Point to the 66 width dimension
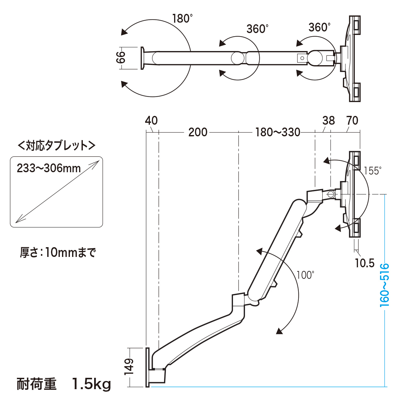click(x=121, y=57)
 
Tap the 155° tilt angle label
click(x=373, y=171)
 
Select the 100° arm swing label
click(x=305, y=275)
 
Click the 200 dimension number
click(x=198, y=132)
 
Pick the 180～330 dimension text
click(x=278, y=132)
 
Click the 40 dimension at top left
click(x=151, y=121)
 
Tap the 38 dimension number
click(x=329, y=121)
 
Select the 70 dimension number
click(x=352, y=121)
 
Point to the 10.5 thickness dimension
click(x=365, y=263)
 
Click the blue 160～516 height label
click(x=384, y=285)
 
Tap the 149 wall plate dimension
click(x=129, y=367)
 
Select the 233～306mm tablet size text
click(x=49, y=168)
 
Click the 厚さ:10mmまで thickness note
click(x=58, y=253)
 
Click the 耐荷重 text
click(x=37, y=384)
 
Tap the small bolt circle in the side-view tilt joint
click(x=331, y=194)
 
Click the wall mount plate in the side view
click(x=148, y=367)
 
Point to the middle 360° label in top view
click(x=258, y=29)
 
